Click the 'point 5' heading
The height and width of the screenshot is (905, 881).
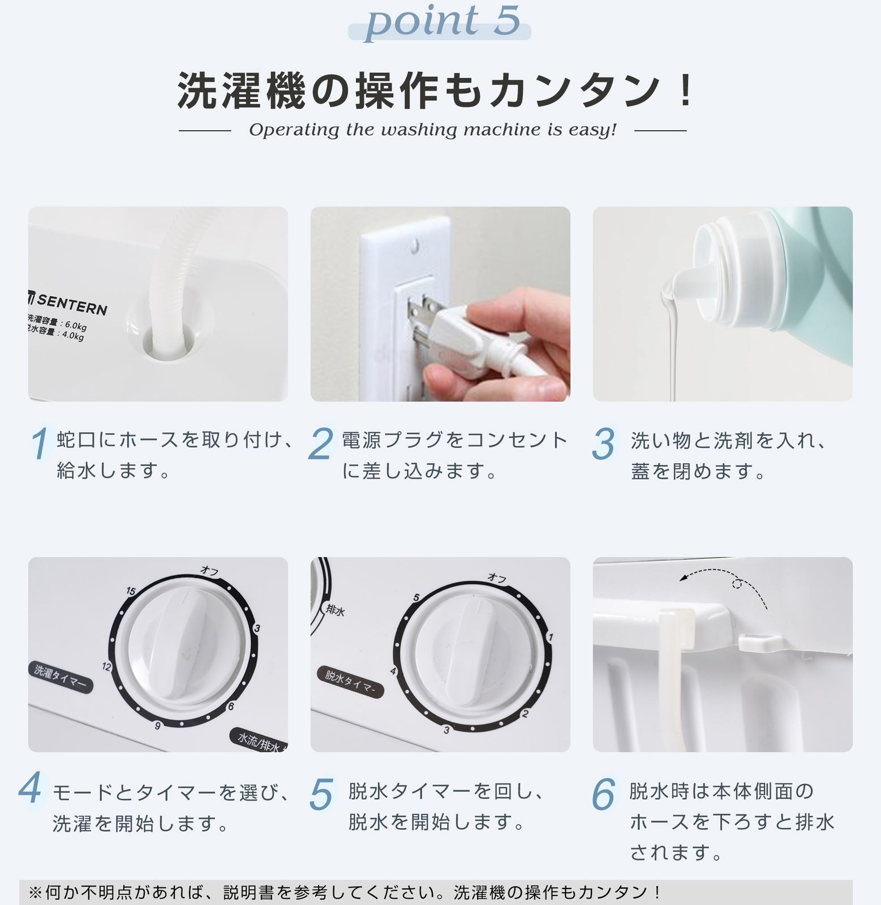(x=441, y=21)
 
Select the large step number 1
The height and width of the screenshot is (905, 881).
(x=40, y=444)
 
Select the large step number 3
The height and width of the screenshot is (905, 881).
(x=603, y=444)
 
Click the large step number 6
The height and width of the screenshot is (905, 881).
(x=603, y=794)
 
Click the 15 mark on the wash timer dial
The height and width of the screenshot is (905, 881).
(x=131, y=592)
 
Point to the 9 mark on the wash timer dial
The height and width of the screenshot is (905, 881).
(x=158, y=726)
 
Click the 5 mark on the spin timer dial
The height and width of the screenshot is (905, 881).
(x=416, y=597)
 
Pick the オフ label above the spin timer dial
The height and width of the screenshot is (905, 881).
(x=497, y=578)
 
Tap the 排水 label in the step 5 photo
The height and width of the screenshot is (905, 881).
(x=335, y=610)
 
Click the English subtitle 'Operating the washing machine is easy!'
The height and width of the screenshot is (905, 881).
(x=432, y=130)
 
